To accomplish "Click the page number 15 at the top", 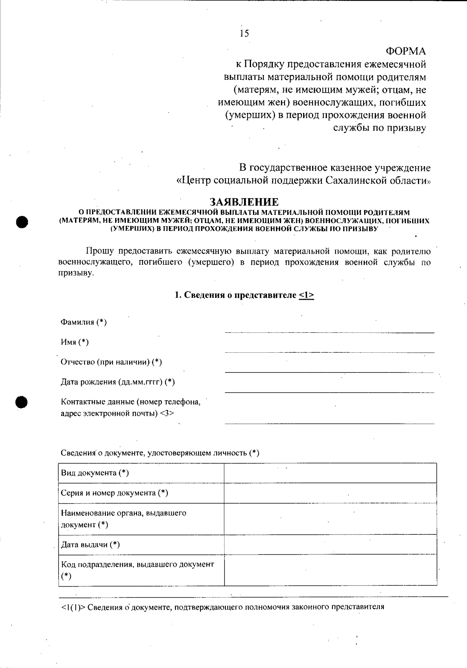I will point(244,33).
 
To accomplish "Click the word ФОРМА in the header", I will point(406,51).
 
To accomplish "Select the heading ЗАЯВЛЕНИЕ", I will point(244,202).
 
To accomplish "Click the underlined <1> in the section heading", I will point(306,295).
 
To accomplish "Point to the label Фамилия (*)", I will point(84,322).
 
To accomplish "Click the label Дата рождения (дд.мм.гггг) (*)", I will point(118,382).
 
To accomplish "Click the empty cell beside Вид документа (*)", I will point(330,473).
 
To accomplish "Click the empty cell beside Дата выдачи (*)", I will point(330,545).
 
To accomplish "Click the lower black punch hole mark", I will point(23,401).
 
